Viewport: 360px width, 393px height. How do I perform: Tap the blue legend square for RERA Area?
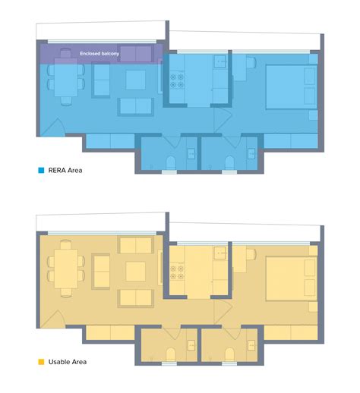[40, 171]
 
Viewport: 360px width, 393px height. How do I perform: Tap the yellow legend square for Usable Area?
[40, 362]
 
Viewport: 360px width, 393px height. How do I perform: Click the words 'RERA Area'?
[66, 171]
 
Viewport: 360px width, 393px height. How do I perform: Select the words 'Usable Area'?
[68, 362]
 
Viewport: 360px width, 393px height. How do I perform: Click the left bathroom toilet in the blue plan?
[169, 162]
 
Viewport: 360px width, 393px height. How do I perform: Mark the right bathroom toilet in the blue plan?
[229, 162]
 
